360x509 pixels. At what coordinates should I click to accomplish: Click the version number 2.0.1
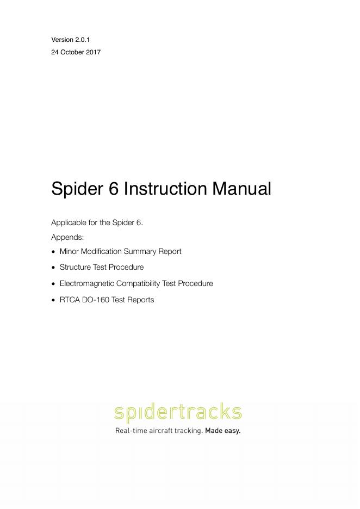coord(82,40)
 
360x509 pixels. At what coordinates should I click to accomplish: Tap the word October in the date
coord(73,53)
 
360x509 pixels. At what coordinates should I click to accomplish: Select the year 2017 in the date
coord(94,53)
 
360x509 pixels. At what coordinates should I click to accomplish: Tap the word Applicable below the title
coord(69,222)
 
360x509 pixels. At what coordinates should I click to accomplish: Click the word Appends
coord(67,238)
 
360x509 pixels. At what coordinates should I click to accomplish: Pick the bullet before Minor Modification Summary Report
coord(53,252)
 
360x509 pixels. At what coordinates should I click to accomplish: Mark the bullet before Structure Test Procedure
coord(53,268)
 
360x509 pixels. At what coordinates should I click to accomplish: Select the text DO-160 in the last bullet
coord(96,300)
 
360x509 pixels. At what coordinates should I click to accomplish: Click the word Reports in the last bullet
coord(141,300)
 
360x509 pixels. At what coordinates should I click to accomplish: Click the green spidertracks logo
coord(178,413)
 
